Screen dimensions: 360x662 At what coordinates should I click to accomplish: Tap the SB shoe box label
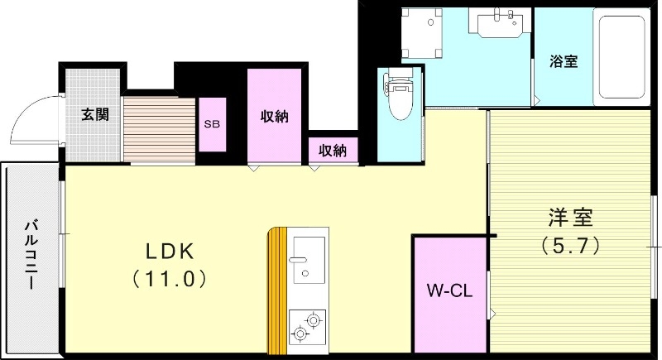[212, 125]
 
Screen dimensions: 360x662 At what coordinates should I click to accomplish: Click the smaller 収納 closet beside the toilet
[333, 151]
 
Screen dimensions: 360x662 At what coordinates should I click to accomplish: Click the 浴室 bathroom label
[564, 61]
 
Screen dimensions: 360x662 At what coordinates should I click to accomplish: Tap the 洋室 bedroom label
[570, 218]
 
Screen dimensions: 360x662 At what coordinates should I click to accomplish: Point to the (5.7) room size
[570, 246]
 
